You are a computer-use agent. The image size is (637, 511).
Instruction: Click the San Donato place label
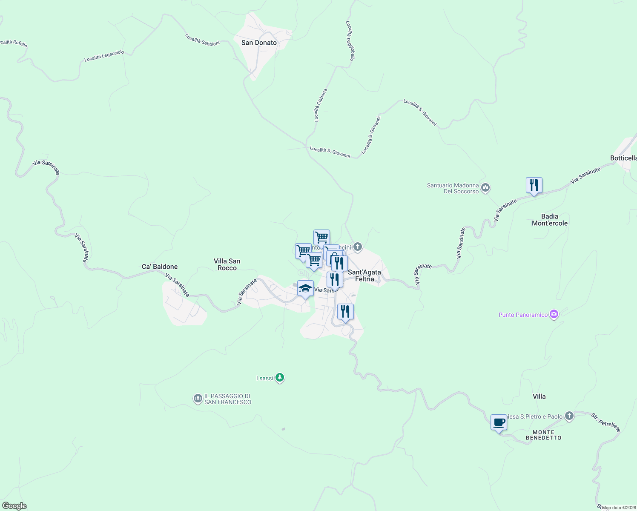[259, 43]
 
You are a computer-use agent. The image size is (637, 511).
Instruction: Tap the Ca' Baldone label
[160, 267]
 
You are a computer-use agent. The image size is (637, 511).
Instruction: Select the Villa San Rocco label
[227, 264]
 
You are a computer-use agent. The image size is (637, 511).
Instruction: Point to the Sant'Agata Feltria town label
[364, 276]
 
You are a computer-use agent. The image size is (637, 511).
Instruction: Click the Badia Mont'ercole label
[550, 220]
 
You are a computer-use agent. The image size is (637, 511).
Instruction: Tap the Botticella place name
[623, 158]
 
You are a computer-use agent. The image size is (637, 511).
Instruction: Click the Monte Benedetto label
[544, 435]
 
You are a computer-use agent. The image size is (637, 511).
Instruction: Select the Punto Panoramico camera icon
[554, 315]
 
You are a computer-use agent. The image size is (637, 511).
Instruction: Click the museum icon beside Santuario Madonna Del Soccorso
[485, 187]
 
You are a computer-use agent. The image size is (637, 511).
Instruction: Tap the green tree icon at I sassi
[279, 378]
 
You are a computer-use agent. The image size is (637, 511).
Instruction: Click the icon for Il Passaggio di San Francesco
[198, 399]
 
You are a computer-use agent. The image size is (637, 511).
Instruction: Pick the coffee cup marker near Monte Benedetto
[499, 422]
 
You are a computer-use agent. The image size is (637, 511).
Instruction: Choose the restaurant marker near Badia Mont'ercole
[534, 185]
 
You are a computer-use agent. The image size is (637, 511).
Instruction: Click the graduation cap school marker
[305, 289]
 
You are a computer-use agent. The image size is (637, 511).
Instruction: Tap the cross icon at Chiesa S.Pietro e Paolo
[570, 416]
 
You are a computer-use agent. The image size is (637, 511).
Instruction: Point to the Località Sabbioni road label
[203, 40]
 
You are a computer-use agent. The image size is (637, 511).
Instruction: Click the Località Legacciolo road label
[104, 56]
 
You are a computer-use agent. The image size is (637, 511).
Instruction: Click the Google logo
[14, 506]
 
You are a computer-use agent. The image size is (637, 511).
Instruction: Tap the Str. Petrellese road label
[606, 422]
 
